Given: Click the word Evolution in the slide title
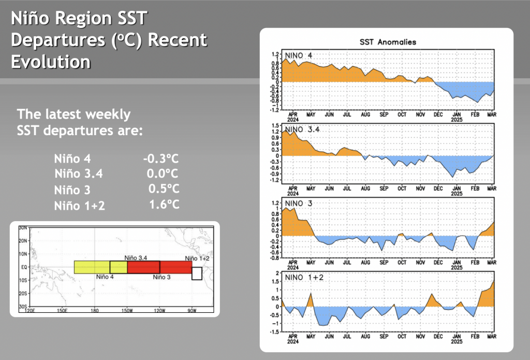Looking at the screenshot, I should click(51, 62).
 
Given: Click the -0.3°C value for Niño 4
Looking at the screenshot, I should click(161, 159).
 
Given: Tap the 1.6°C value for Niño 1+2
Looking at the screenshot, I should click(164, 205).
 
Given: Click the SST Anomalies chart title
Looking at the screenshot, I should click(388, 42).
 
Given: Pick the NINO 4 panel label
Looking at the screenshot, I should click(298, 55).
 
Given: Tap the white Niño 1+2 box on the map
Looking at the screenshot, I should click(197, 273).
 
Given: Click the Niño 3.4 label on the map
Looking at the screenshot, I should click(137, 257).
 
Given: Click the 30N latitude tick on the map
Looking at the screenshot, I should click(23, 228).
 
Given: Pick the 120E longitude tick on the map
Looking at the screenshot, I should click(31, 311).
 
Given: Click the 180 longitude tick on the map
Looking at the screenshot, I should click(94, 311).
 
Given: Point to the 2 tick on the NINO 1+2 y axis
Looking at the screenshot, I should click(277, 272).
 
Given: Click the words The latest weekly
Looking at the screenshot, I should click(74, 114).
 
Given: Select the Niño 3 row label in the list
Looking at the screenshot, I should click(72, 190).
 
